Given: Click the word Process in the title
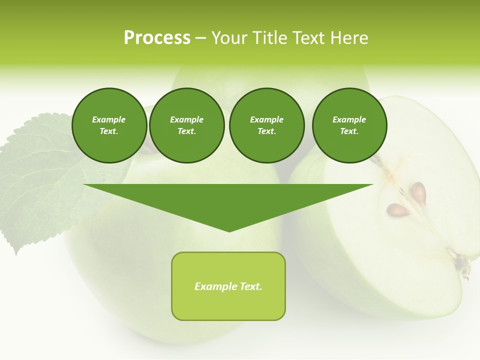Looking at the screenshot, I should click(x=157, y=38).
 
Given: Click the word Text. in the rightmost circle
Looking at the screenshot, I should click(x=349, y=131).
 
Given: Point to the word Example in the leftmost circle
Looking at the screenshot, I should click(x=109, y=119).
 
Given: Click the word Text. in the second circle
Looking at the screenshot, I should click(x=186, y=131).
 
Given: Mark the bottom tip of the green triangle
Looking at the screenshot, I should click(x=229, y=230).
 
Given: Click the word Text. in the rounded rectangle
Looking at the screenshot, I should click(x=250, y=286).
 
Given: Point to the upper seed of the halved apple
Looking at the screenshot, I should click(x=418, y=192).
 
